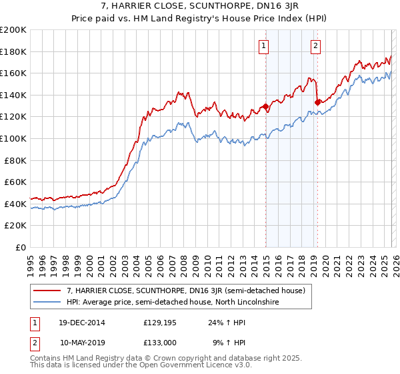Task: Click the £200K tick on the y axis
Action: click(x=13, y=30)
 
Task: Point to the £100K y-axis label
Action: click(x=13, y=139)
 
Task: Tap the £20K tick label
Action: click(x=15, y=226)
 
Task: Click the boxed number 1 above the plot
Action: click(x=265, y=46)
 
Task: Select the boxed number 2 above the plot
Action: click(x=315, y=46)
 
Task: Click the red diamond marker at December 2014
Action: click(x=265, y=106)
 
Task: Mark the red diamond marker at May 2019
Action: click(x=317, y=102)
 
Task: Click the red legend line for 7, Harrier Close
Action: click(x=47, y=291)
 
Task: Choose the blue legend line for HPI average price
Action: click(x=47, y=303)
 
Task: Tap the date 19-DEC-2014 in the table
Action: click(x=82, y=323)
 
